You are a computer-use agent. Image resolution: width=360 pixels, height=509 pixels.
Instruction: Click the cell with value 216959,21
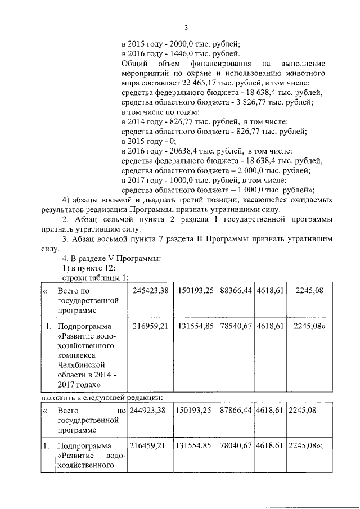pyautogui.click(x=151, y=327)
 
